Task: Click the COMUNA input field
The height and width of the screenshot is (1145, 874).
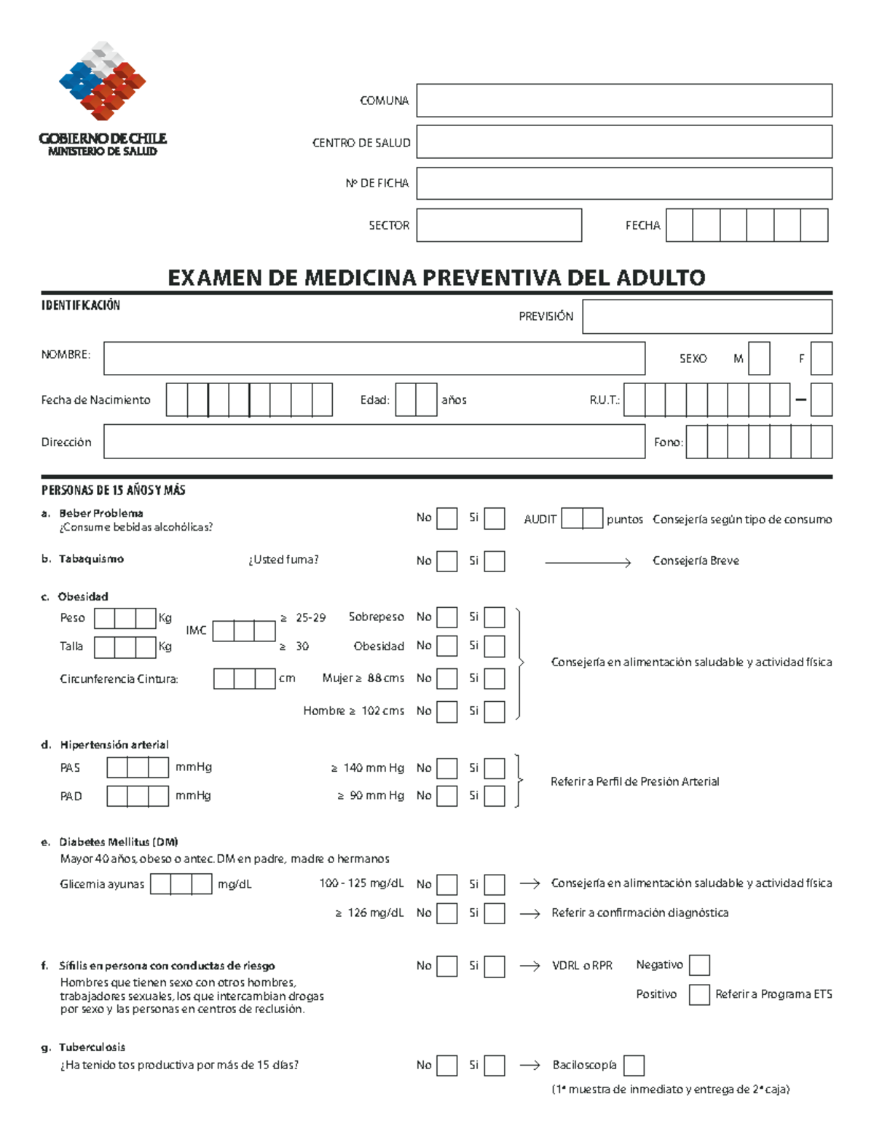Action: tap(624, 101)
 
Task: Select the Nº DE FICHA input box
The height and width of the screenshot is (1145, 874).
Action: tap(624, 184)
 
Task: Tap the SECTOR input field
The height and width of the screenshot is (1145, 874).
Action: tap(499, 225)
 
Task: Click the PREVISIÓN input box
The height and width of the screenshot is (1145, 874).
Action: tap(707, 317)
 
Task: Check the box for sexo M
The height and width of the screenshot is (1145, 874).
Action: tap(759, 359)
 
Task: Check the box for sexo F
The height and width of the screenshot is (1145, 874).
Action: tap(822, 359)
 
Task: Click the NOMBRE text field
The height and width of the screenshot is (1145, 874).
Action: tap(374, 359)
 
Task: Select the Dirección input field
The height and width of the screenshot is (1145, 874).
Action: tap(374, 442)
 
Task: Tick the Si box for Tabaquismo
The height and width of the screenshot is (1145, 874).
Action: tap(495, 561)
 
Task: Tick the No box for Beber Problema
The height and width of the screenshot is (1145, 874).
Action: tap(446, 519)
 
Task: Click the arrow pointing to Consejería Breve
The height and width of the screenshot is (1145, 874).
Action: tap(588, 562)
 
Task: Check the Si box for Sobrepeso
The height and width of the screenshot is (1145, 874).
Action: tap(495, 617)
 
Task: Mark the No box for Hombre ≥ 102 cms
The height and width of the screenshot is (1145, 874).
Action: tap(446, 711)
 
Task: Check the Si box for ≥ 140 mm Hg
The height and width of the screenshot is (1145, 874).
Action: tap(495, 768)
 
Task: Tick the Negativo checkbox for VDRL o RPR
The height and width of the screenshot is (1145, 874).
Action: tap(699, 966)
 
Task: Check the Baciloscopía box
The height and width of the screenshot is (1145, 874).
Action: tap(634, 1066)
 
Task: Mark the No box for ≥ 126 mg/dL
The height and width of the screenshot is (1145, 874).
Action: tap(446, 913)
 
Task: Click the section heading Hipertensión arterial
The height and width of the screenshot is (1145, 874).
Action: tap(114, 745)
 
